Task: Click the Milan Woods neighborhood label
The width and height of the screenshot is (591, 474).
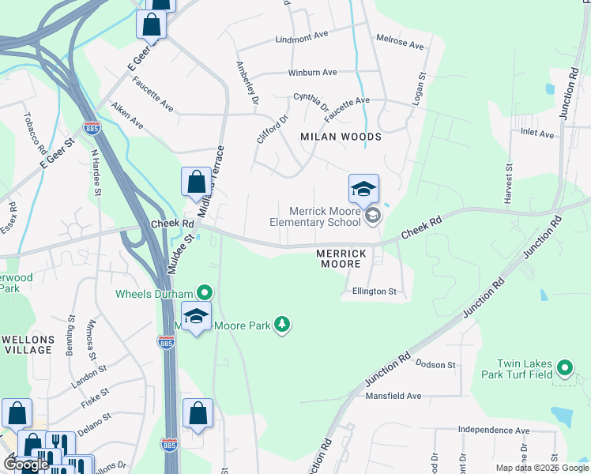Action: [341, 137]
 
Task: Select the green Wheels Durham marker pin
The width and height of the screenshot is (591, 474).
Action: [205, 293]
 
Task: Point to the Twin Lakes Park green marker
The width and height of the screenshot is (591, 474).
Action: [564, 368]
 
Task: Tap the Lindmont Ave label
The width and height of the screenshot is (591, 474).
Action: [301, 38]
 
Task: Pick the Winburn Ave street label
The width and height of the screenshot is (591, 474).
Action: [312, 72]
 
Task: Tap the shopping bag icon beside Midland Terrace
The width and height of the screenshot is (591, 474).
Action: [195, 182]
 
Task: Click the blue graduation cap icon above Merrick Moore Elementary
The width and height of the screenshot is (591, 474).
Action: [363, 188]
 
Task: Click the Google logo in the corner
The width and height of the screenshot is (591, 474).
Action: [25, 465]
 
